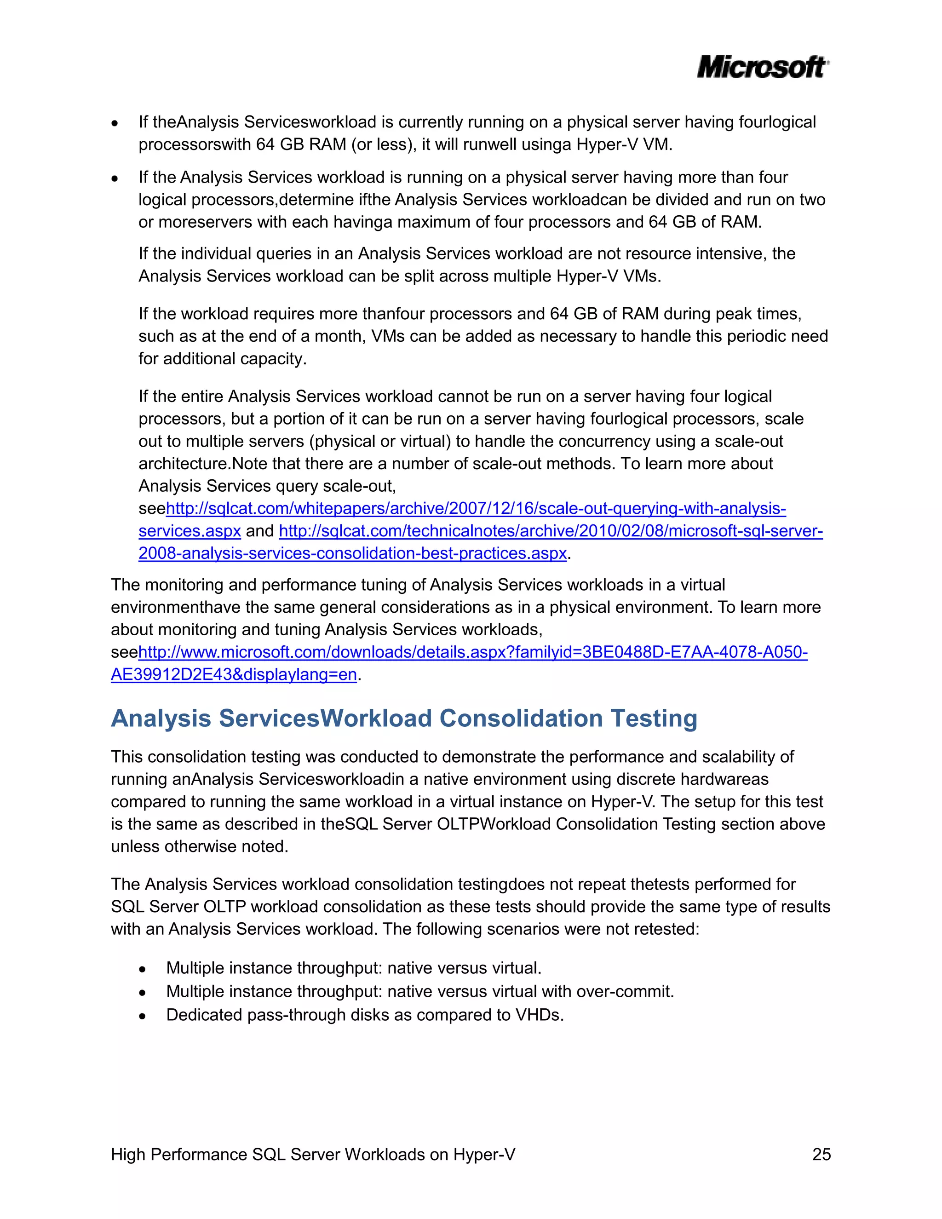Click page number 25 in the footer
(821, 1154)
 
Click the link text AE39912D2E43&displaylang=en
(234, 674)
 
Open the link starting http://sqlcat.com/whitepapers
(476, 508)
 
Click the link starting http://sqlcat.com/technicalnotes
(551, 531)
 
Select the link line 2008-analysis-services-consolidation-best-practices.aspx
(353, 553)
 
